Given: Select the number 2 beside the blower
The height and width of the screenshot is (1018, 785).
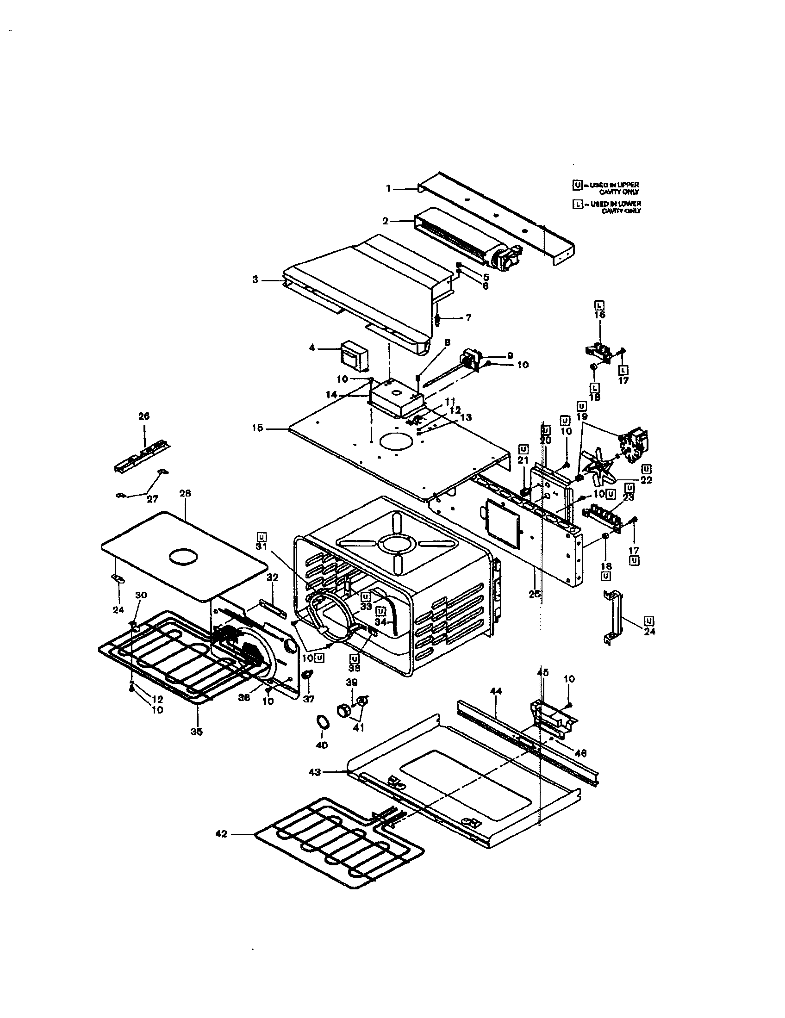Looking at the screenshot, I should [x=386, y=221].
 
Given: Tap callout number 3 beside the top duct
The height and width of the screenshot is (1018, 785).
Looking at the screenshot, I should [x=255, y=280].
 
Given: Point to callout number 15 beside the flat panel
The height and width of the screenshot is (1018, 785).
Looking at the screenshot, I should [x=257, y=428].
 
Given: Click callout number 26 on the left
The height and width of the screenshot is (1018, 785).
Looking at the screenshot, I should [x=144, y=416].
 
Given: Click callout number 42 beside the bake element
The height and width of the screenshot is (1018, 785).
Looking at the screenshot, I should [x=221, y=833].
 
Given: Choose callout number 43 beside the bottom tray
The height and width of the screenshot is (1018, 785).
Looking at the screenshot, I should [x=315, y=772].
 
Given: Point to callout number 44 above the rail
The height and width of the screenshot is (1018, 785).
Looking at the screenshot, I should [x=496, y=691].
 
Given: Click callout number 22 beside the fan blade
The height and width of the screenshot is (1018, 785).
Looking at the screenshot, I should [x=646, y=480].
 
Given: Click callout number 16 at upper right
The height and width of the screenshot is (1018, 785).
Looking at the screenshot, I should [x=599, y=315].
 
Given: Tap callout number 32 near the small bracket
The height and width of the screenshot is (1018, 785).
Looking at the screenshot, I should [x=272, y=577].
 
